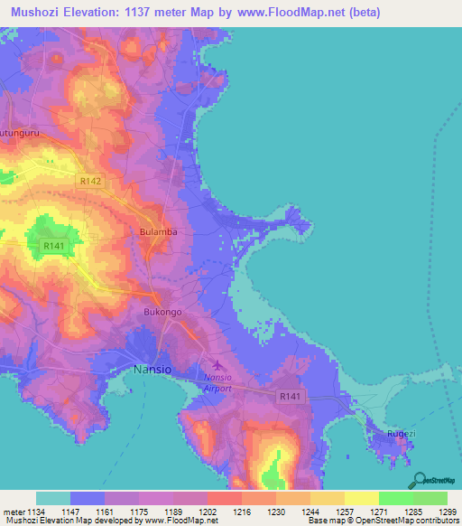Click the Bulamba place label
[158, 232]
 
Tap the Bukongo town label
[163, 312]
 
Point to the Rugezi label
[402, 435]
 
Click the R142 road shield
[90, 182]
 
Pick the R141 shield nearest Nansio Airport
[290, 396]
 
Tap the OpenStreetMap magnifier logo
[419, 478]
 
